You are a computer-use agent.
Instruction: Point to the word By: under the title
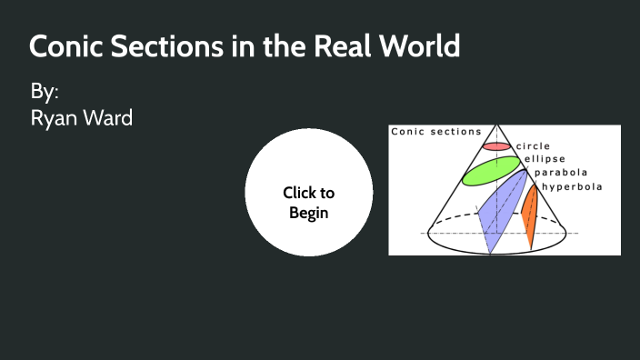[x=45, y=92]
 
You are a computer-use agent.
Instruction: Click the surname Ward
[x=110, y=117]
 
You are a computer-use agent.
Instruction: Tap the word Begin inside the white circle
[x=309, y=213]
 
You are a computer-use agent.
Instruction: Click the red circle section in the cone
[x=496, y=145]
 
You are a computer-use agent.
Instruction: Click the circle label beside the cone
[x=533, y=145]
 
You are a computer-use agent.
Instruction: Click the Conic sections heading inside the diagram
[x=436, y=132]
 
